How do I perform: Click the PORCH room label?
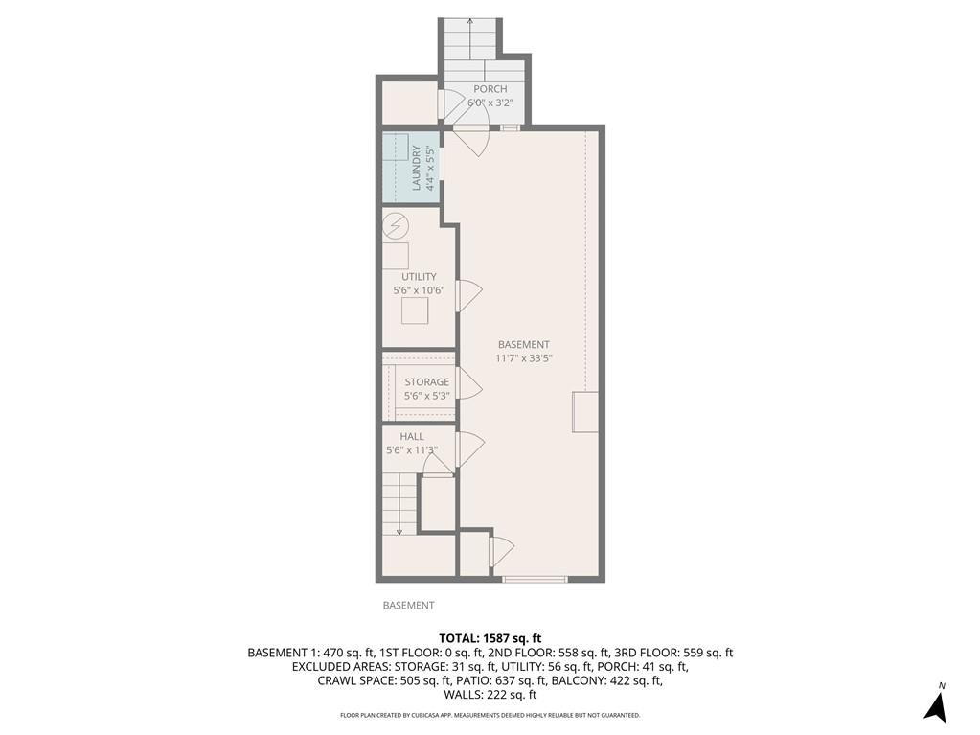(x=490, y=89)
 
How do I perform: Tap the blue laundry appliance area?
(x=400, y=167)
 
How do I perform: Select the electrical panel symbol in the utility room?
(x=395, y=227)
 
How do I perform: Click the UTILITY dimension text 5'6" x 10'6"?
(x=419, y=289)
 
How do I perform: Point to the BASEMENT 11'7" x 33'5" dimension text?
(x=524, y=357)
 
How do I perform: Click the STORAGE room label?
(x=426, y=382)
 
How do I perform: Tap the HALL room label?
(x=412, y=436)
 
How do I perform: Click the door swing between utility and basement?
(x=469, y=293)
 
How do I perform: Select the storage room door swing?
(x=469, y=385)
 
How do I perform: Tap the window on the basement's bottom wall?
(x=536, y=578)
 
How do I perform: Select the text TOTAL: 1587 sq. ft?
(x=490, y=637)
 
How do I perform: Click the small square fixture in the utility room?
(x=415, y=311)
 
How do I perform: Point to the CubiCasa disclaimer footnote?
(x=490, y=715)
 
